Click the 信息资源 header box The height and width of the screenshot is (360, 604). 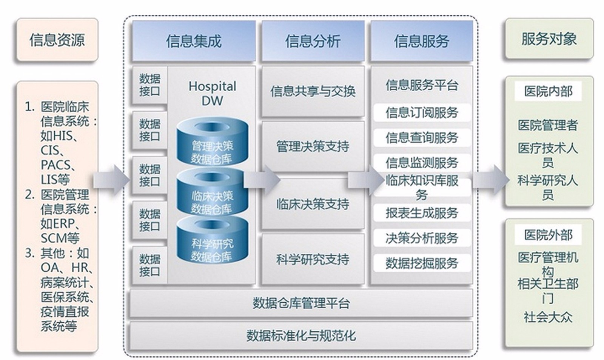click(x=57, y=40)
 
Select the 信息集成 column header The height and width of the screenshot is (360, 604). click(x=194, y=41)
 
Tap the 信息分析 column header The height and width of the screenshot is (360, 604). click(x=313, y=41)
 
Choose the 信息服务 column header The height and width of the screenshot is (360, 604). click(x=422, y=41)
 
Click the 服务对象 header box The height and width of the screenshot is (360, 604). click(x=549, y=38)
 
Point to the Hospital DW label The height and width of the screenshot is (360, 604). click(x=212, y=93)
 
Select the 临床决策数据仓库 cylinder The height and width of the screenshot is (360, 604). click(x=212, y=192)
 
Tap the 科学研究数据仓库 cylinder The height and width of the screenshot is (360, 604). click(x=213, y=240)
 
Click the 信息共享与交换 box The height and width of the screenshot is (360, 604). click(x=313, y=91)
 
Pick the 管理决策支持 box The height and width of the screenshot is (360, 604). click(x=313, y=146)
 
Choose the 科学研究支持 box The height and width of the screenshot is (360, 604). click(x=313, y=259)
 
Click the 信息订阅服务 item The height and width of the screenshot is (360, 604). click(x=422, y=112)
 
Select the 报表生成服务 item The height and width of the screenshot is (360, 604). click(x=422, y=213)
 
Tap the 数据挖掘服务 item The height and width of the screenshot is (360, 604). click(x=422, y=263)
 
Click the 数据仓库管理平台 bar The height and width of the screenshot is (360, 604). click(x=301, y=303)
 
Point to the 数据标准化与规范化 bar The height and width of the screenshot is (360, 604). click(x=301, y=336)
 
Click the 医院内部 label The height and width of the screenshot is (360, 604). click(x=548, y=92)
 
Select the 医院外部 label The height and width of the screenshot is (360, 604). click(x=548, y=235)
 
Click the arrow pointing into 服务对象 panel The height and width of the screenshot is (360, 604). click(x=491, y=180)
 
